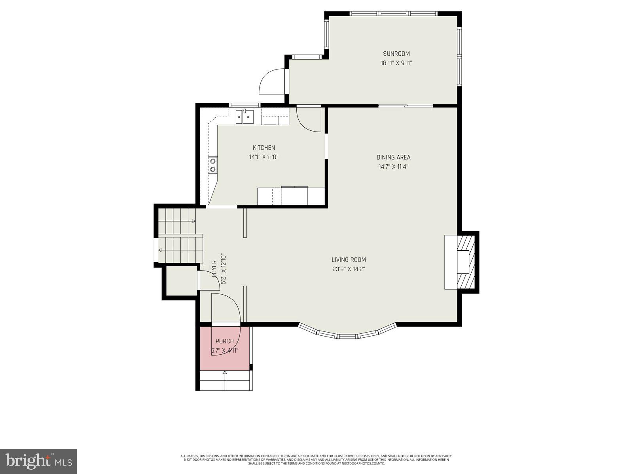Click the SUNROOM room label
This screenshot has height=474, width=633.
point(396,54)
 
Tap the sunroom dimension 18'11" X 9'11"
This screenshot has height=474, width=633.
point(396,63)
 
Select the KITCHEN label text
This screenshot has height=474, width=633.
point(264,148)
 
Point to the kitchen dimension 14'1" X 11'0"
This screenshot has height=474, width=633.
point(264,157)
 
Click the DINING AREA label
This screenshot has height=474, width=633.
point(393,157)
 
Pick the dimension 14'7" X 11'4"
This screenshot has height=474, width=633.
point(393,166)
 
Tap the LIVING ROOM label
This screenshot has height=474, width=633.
point(349,260)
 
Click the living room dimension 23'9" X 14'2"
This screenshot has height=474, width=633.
point(349,269)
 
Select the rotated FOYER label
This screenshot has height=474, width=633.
point(214,269)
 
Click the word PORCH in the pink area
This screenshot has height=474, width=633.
point(224,341)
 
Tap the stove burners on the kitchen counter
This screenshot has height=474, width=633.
point(213,165)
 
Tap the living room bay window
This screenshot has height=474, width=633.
point(347,334)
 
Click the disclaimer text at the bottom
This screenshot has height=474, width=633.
point(316,459)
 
